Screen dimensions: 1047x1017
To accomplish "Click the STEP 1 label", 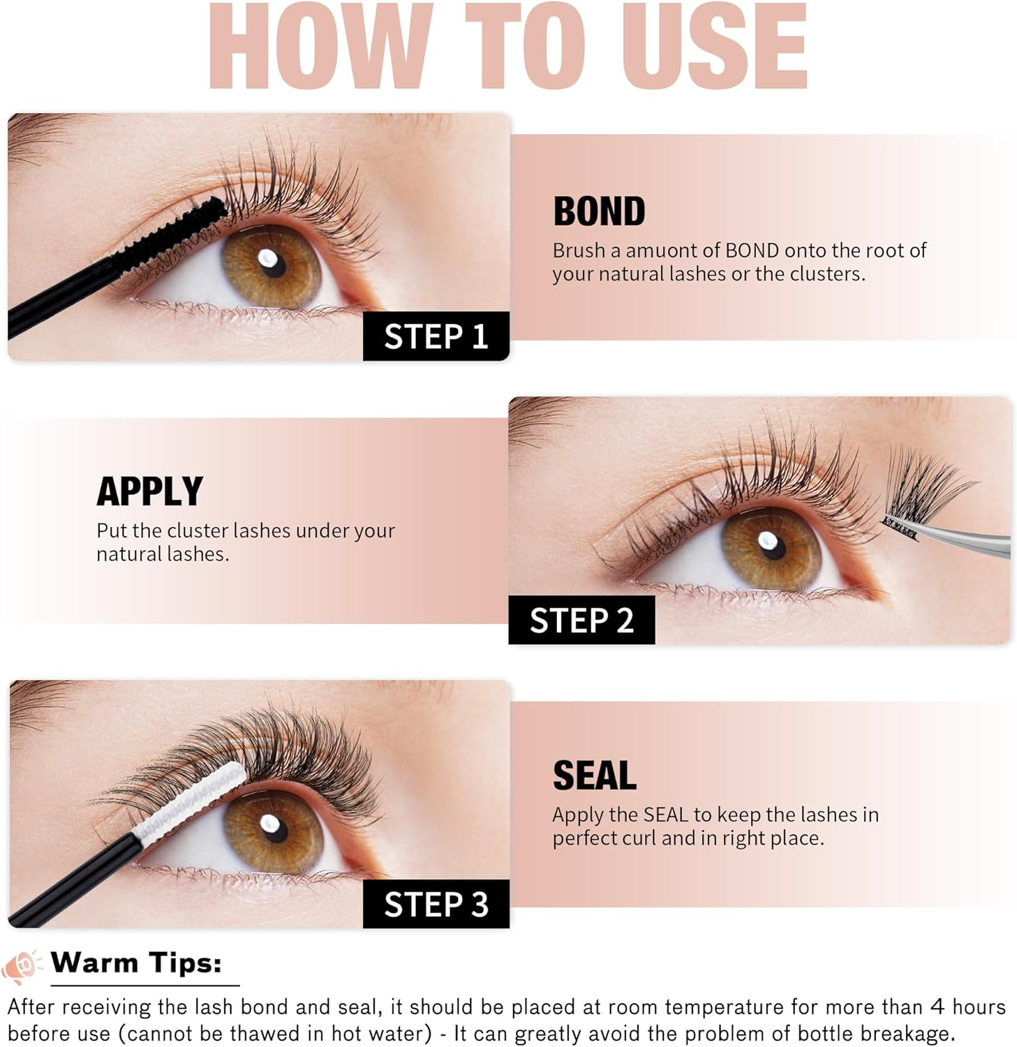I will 436,336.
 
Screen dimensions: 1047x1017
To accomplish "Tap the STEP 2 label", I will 581,620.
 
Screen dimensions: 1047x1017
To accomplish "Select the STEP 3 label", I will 436,904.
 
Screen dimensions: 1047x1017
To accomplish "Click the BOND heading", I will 599,211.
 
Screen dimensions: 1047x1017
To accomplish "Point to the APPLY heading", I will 149,491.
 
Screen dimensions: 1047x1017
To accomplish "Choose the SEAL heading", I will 594,775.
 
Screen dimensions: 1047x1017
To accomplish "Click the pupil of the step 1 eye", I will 272,264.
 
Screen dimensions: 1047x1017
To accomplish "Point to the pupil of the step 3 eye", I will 274,827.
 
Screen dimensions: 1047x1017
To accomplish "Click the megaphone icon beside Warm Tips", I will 20,966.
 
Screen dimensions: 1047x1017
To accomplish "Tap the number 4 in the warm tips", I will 937,1007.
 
